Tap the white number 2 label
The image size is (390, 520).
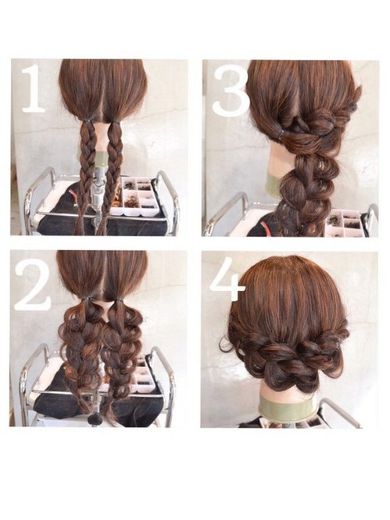point(33,285)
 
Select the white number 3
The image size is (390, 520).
point(231,90)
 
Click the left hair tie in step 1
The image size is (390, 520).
point(87,120)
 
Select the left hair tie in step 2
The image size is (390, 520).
point(88,299)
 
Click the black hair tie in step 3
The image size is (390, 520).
point(281,133)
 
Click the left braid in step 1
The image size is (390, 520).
point(85,176)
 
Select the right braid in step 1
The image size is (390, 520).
point(109,176)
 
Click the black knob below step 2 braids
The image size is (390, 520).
point(96,419)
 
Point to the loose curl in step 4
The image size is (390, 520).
point(227,345)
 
